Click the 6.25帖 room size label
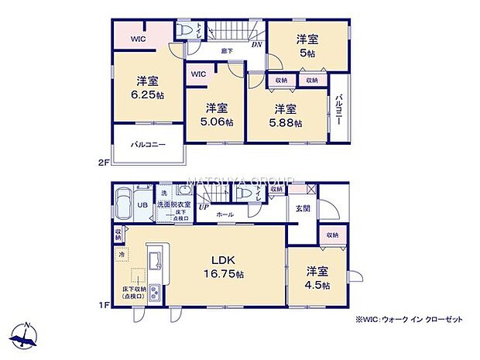point(148,95)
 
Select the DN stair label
point(257,44)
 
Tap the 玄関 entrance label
point(302,208)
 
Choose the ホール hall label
point(225,214)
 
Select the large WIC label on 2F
point(138,38)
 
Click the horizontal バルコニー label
point(147,145)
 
